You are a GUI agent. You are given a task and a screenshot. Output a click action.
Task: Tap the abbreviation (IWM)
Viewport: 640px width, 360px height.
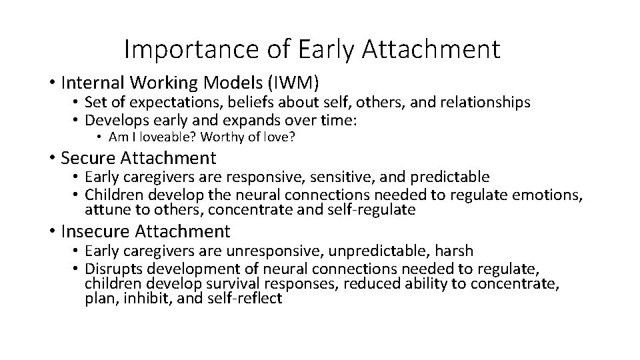click(293, 83)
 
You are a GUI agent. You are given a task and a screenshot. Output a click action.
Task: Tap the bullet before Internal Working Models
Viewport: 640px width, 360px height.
click(51, 83)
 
